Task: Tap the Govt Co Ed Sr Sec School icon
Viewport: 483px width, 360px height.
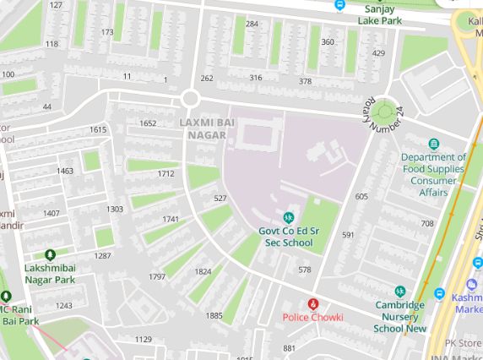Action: [288, 218]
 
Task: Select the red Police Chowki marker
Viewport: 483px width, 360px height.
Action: [312, 303]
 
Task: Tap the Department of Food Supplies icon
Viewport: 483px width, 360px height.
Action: [434, 145]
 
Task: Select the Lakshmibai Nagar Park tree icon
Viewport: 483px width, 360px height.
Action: [50, 254]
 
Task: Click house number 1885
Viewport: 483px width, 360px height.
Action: [214, 315]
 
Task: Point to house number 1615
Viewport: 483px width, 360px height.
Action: [98, 129]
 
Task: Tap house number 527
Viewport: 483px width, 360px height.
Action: [220, 198]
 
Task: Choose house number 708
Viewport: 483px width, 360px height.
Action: [427, 224]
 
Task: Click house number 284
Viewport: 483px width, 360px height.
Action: [252, 24]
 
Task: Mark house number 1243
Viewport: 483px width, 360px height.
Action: [64, 306]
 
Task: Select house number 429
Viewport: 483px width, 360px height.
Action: [378, 53]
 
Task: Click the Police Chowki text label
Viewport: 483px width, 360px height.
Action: [312, 318]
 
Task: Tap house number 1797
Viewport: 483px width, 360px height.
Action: [157, 276]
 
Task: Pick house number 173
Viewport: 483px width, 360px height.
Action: [107, 33]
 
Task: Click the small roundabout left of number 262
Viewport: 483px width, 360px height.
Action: [190, 99]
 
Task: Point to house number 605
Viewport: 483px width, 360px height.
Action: [361, 196]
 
